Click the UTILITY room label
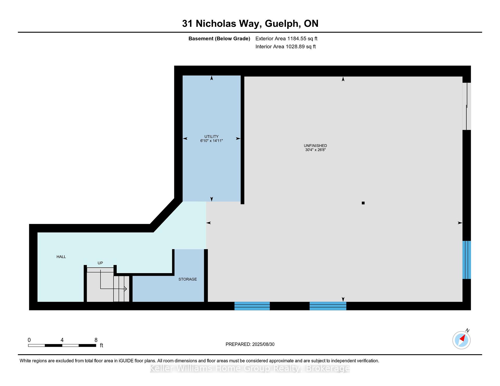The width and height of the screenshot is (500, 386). coord(211,137)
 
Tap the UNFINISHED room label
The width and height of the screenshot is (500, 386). coord(315,146)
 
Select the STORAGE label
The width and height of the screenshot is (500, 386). coord(187,279)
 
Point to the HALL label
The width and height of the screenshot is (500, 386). coord(61,257)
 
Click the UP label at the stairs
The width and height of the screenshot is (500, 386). coord(100,263)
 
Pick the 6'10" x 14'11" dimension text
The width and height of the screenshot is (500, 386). coord(211,141)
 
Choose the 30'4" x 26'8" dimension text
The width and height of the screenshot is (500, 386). coord(315,150)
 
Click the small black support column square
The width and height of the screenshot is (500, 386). coord(363,203)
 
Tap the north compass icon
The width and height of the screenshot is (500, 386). coord(461,340)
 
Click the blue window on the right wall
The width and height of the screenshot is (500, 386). coord(467,260)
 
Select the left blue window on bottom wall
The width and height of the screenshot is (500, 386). coord(252,306)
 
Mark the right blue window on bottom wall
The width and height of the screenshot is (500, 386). coord(328,306)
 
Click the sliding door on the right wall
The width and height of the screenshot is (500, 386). coord(467,106)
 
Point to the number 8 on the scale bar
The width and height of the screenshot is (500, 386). coord(96,340)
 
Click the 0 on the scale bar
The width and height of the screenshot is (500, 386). coord(29,340)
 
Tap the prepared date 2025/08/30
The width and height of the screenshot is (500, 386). coord(263,344)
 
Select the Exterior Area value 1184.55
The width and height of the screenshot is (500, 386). coord(297,38)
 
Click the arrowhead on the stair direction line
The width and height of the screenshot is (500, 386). coord(125,289)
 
